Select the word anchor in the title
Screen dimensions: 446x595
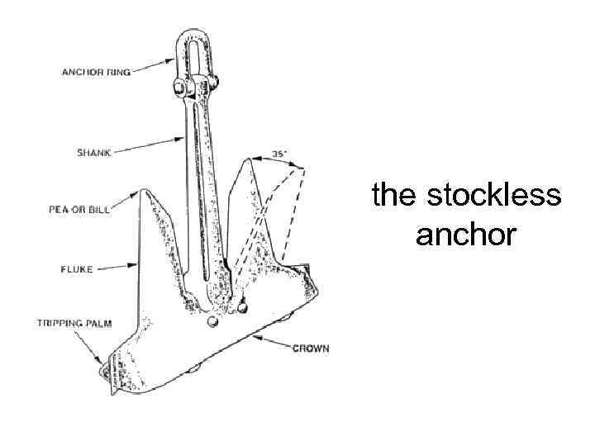coord(467,235)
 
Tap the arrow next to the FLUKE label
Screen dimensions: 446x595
coord(123,266)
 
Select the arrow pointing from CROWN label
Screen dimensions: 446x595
coord(273,342)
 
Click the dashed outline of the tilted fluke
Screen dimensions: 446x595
coord(293,215)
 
